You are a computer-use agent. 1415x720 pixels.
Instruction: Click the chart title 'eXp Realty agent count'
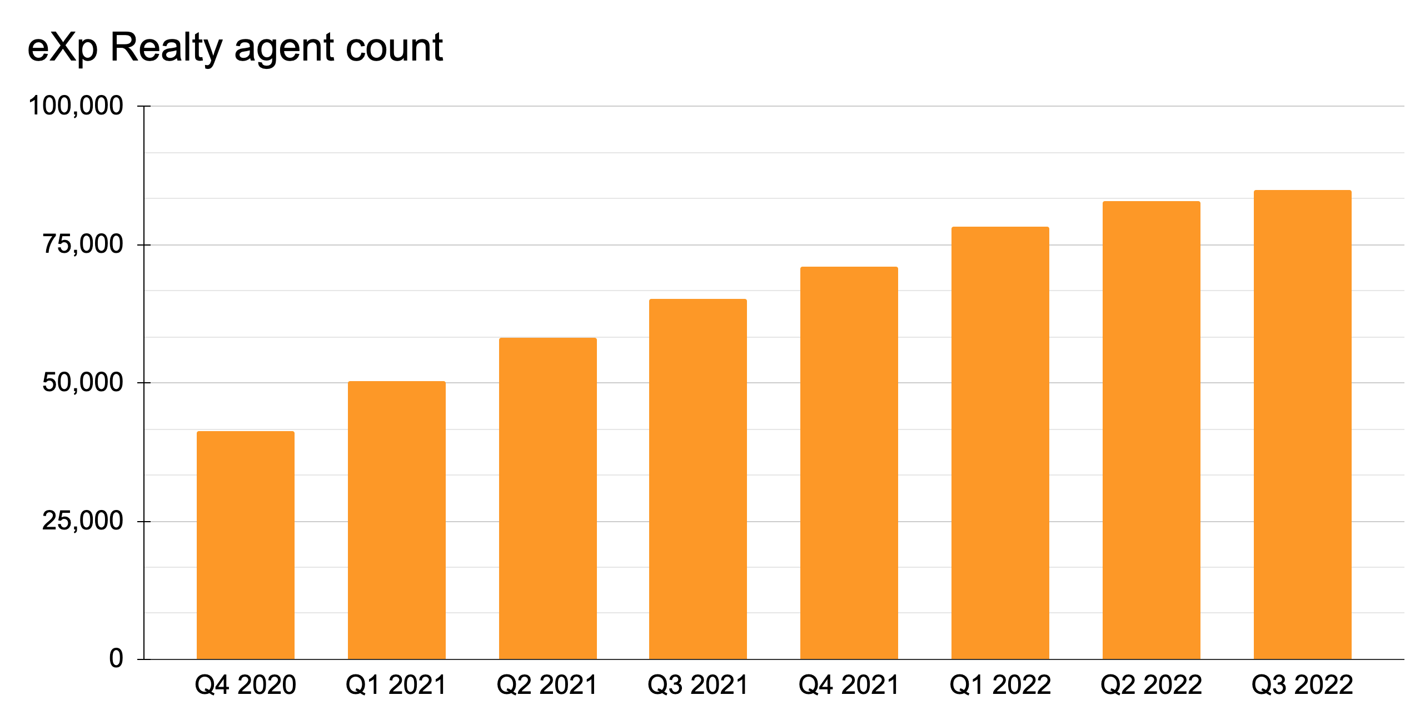[x=235, y=48]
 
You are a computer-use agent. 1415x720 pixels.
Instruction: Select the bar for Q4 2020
[x=245, y=545]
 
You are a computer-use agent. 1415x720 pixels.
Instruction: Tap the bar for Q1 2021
[x=396, y=520]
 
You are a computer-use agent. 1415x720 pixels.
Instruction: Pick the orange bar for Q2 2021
[x=547, y=498]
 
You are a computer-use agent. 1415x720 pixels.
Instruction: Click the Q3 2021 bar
[x=697, y=479]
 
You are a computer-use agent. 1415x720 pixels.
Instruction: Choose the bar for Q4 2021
[x=849, y=463]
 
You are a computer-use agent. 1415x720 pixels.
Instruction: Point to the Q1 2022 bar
[x=1000, y=443]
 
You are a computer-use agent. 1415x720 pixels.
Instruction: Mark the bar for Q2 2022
[x=1151, y=430]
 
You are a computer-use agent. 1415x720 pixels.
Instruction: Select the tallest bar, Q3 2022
[x=1302, y=424]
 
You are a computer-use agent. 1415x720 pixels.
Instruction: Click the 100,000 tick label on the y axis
[x=76, y=106]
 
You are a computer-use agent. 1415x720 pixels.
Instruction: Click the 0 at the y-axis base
[x=116, y=659]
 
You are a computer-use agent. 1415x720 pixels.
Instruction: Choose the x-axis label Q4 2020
[x=245, y=686]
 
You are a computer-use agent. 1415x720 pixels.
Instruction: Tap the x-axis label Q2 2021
[x=547, y=686]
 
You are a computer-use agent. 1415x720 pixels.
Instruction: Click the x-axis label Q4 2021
[x=849, y=686]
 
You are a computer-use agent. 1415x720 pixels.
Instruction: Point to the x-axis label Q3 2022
[x=1302, y=686]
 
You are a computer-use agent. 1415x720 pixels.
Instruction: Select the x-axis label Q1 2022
[x=1000, y=686]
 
